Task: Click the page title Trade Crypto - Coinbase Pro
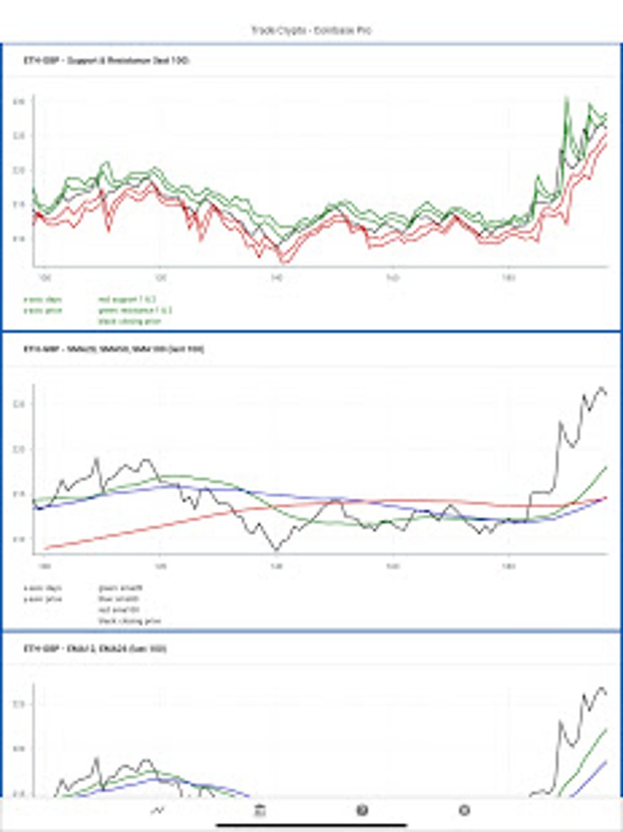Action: click(x=311, y=30)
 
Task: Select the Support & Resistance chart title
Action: click(x=106, y=60)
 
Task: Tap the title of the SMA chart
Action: click(x=114, y=349)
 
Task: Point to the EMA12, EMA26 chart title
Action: click(x=95, y=648)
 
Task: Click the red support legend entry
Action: click(x=126, y=300)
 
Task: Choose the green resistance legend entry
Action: click(x=134, y=310)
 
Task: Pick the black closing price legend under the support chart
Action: click(x=129, y=321)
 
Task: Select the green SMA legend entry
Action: click(x=120, y=588)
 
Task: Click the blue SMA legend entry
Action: click(x=118, y=599)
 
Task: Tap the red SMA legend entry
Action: click(x=118, y=610)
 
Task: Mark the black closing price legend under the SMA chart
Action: click(x=129, y=621)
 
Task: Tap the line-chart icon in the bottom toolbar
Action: click(x=158, y=811)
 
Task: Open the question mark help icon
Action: click(x=362, y=811)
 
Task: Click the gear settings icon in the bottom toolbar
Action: click(x=464, y=811)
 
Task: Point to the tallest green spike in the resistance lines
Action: click(x=567, y=98)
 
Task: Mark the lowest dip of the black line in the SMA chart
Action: click(x=277, y=550)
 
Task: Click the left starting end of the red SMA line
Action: click(x=46, y=548)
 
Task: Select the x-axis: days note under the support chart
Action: click(x=42, y=300)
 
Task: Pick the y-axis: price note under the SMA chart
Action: click(x=42, y=599)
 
